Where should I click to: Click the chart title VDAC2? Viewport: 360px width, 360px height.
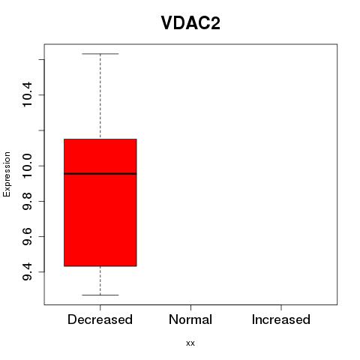click(x=190, y=23)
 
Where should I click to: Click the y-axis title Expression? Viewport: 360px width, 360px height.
click(x=7, y=174)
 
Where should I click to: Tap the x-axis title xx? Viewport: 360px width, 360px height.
click(x=190, y=343)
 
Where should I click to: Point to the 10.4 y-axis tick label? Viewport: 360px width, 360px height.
click(x=27, y=94)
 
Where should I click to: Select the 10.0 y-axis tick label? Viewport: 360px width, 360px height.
click(x=27, y=166)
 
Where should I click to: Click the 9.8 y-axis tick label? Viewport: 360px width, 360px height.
click(x=27, y=201)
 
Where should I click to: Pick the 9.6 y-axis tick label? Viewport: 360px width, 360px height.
click(x=27, y=236)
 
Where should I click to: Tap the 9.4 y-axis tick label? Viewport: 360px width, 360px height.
click(x=27, y=271)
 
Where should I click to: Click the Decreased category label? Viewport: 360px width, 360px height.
click(x=100, y=319)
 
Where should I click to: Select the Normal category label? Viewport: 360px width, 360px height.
click(x=190, y=319)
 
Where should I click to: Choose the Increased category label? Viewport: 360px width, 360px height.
click(x=281, y=319)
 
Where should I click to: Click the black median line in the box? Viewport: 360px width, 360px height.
click(x=100, y=173)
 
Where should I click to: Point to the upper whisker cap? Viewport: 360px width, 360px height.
click(x=100, y=54)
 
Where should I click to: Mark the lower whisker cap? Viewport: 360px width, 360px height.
click(x=100, y=295)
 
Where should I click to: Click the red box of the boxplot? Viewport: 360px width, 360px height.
click(x=100, y=202)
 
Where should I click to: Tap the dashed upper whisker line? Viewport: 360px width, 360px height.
click(x=100, y=96)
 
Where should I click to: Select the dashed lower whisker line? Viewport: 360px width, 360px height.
click(x=100, y=280)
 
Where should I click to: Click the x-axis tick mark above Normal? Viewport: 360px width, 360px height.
click(x=190, y=307)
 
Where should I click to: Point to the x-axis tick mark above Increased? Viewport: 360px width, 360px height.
click(x=281, y=307)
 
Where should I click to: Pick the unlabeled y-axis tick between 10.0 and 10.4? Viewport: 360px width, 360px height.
click(x=41, y=130)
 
